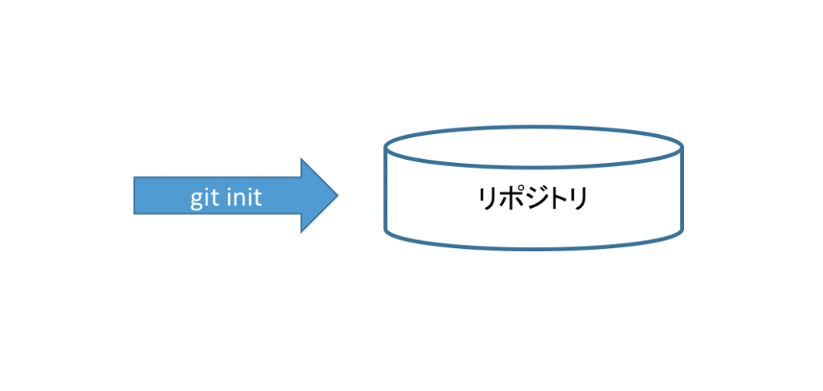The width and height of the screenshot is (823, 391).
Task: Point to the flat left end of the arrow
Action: click(x=134, y=196)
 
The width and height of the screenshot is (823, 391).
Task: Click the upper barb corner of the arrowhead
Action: click(x=301, y=159)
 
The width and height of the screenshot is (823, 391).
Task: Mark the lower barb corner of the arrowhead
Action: click(x=301, y=232)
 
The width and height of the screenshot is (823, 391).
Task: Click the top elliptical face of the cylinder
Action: click(x=534, y=147)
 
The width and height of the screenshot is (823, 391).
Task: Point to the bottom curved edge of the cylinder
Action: click(x=534, y=250)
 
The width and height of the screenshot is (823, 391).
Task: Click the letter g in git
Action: click(x=196, y=199)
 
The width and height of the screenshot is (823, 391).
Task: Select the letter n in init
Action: click(x=238, y=198)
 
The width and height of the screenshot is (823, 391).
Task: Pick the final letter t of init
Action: click(x=257, y=198)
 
